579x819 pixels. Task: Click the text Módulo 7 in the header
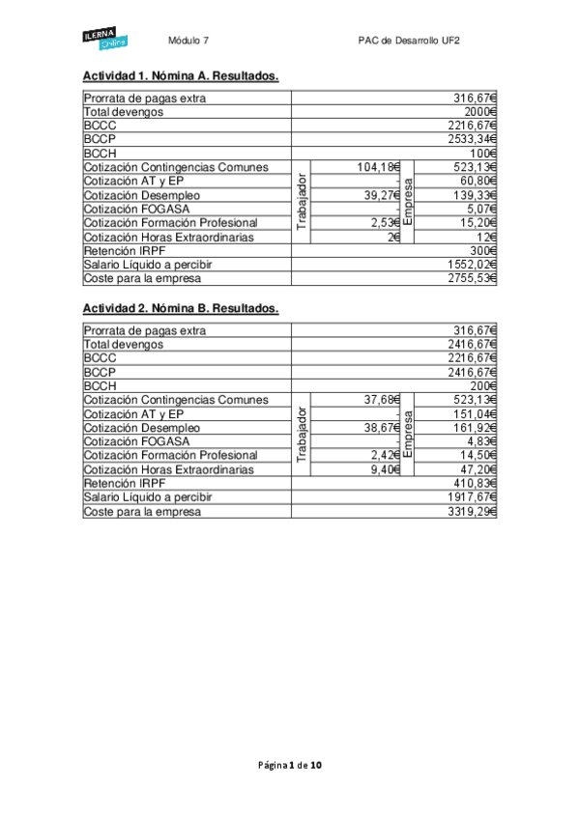188,41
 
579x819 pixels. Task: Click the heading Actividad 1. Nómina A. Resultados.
181,75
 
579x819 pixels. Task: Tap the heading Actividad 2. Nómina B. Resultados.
181,308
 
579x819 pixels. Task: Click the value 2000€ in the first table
478,112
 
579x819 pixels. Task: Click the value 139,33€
475,195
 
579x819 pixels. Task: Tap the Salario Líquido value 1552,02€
472,264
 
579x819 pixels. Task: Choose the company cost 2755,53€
472,278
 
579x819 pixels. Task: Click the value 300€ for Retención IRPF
481,250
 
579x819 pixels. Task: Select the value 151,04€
475,413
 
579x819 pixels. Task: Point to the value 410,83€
475,483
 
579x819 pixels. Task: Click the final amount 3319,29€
472,511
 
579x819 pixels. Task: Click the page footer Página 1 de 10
290,765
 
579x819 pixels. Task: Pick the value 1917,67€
472,496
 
